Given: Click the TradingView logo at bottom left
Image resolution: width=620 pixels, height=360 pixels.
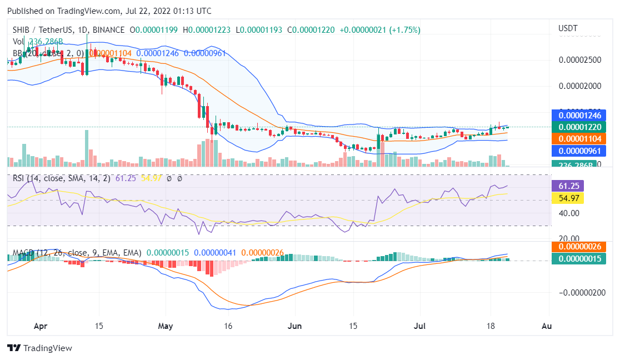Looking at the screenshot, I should [39, 348].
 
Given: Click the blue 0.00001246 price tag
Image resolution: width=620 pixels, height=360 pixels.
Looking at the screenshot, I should [577, 116].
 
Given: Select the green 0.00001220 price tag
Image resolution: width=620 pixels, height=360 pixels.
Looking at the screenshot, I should [577, 127].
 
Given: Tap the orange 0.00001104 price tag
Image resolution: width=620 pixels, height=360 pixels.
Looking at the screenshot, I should [577, 138].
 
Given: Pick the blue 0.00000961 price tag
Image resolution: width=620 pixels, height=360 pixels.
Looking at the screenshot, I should [577, 150].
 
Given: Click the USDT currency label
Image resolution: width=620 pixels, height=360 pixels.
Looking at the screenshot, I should [568, 28].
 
